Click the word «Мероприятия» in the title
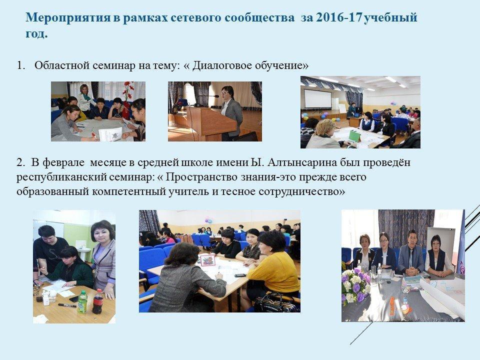(x=67, y=18)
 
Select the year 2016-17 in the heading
(x=338, y=17)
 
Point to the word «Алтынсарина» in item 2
(x=302, y=162)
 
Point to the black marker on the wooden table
(x=67, y=305)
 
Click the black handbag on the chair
(x=276, y=303)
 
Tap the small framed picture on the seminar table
(x=207, y=260)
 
